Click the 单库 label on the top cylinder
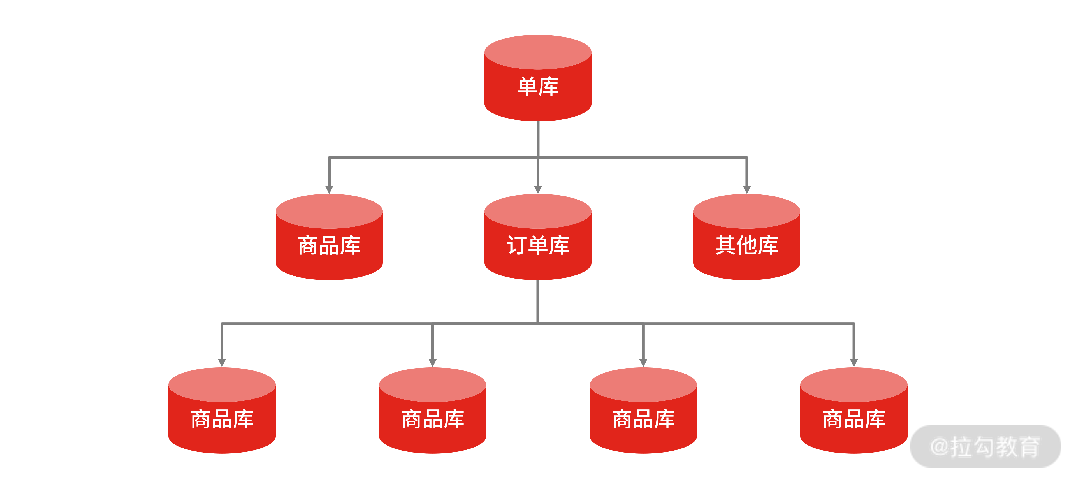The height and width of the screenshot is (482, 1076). [x=538, y=87]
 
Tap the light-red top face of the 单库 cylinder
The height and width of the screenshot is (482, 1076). [x=538, y=52]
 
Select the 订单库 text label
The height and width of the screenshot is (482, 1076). [x=538, y=245]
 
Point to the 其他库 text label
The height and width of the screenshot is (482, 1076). [x=747, y=245]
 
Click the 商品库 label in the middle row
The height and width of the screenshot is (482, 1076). [x=329, y=245]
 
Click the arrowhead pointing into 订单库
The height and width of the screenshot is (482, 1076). [x=538, y=190]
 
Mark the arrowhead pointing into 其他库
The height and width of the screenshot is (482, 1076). [x=747, y=190]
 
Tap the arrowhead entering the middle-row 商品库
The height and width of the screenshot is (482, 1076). [x=329, y=190]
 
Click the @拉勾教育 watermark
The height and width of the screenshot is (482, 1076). [x=985, y=446]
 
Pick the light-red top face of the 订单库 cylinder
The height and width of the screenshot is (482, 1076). [x=538, y=211]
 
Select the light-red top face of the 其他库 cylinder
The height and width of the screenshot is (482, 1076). [x=747, y=211]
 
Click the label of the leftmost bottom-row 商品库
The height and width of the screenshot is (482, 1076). [x=222, y=419]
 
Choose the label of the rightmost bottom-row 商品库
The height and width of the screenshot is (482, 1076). [x=854, y=419]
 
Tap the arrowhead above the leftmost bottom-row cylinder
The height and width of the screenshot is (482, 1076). [x=222, y=363]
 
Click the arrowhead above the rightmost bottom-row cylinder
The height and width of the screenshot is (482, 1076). [x=854, y=363]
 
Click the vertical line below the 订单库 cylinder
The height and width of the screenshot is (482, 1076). [x=538, y=301]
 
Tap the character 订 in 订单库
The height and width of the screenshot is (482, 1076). [x=517, y=245]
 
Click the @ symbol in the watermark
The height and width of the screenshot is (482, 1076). [x=940, y=446]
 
